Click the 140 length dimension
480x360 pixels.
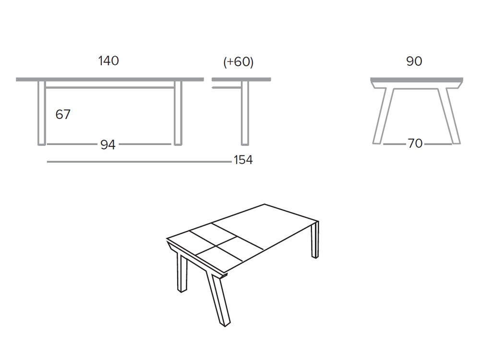(x=108, y=61)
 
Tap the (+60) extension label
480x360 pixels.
(x=239, y=62)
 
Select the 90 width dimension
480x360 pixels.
(x=414, y=61)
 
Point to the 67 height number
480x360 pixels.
(x=63, y=114)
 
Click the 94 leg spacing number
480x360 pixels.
(x=108, y=144)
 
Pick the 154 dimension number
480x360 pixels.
(x=243, y=160)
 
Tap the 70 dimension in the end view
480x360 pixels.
(x=415, y=144)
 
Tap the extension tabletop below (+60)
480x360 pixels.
(x=241, y=79)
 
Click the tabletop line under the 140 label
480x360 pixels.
(x=109, y=79)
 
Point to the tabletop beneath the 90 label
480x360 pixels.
(x=417, y=79)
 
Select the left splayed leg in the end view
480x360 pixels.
(x=384, y=115)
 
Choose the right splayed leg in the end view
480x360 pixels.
(x=450, y=115)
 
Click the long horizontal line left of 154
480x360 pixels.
(x=139, y=162)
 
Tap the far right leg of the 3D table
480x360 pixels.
(x=315, y=240)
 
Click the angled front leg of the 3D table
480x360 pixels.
(x=218, y=300)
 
